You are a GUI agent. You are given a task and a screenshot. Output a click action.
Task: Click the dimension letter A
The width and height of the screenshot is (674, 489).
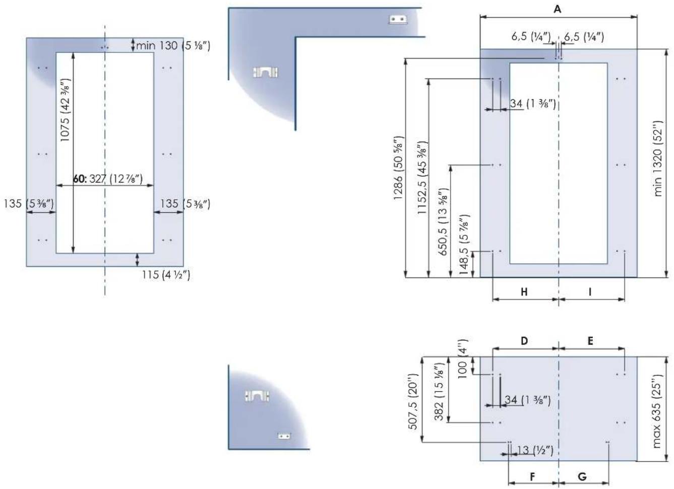(558, 10)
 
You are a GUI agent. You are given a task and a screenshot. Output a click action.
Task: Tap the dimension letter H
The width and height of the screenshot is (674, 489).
(524, 292)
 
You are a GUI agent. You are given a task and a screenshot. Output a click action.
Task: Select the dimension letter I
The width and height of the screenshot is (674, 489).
(590, 292)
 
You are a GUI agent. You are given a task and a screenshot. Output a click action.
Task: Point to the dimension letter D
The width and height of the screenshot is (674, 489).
(524, 341)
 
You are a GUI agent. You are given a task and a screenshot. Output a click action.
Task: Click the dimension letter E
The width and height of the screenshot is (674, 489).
(590, 341)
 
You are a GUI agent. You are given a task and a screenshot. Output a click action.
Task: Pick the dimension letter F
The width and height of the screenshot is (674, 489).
(532, 477)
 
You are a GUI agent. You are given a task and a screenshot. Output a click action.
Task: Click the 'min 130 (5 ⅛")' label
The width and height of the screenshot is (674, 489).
(173, 46)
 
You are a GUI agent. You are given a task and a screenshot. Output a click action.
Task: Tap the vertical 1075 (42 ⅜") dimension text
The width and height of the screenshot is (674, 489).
(66, 110)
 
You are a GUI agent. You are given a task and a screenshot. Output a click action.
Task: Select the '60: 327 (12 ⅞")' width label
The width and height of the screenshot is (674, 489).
(108, 179)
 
